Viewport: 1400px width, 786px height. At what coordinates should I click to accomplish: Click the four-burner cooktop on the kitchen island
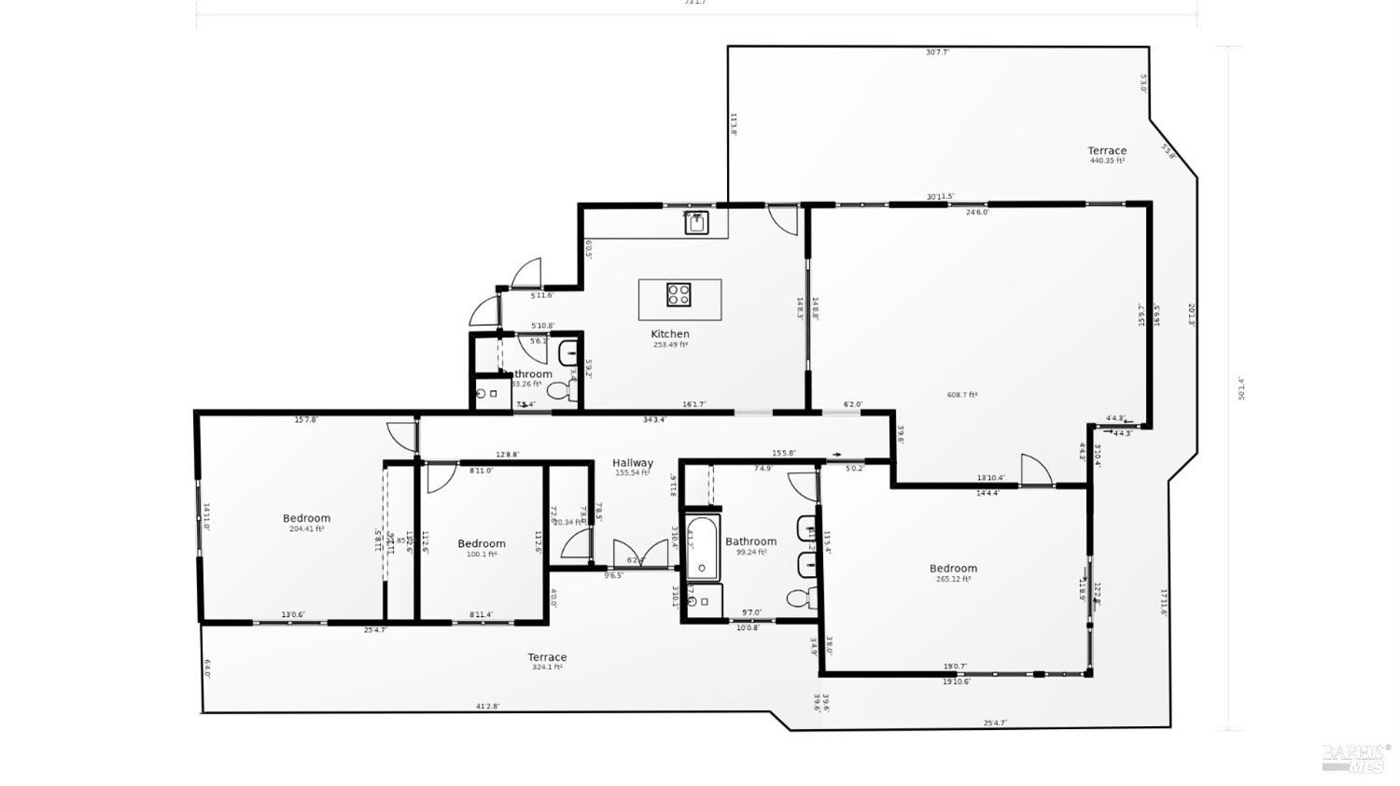coord(679,295)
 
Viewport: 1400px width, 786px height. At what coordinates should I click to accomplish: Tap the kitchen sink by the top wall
coord(694,222)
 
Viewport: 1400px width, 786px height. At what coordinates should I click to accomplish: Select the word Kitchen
coord(670,334)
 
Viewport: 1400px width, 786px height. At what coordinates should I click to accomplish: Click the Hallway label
coord(633,463)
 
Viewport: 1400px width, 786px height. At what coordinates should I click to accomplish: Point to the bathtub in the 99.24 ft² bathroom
coord(701,548)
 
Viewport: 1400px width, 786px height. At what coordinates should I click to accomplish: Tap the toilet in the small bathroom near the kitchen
coord(560,392)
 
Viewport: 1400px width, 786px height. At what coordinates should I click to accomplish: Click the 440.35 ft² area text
coord(1107,161)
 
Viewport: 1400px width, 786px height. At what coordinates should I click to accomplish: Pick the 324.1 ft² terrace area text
coord(547,667)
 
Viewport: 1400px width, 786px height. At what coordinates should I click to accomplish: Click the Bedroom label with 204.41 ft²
coord(306,519)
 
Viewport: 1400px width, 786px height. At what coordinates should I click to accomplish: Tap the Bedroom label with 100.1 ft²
coord(482,544)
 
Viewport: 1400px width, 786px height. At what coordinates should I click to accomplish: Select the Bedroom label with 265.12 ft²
coord(953,568)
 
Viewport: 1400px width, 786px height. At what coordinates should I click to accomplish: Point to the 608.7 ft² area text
coord(962,395)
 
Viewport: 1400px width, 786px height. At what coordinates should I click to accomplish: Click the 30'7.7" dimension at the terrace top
coord(937,52)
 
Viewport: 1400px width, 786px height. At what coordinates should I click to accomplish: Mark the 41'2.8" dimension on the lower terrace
coord(486,707)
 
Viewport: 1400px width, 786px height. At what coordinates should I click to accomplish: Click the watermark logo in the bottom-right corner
coord(1355,757)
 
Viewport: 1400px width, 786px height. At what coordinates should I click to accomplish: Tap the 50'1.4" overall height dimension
coord(1241,388)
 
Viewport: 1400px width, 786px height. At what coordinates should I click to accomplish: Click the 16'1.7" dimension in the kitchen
coord(693,405)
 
